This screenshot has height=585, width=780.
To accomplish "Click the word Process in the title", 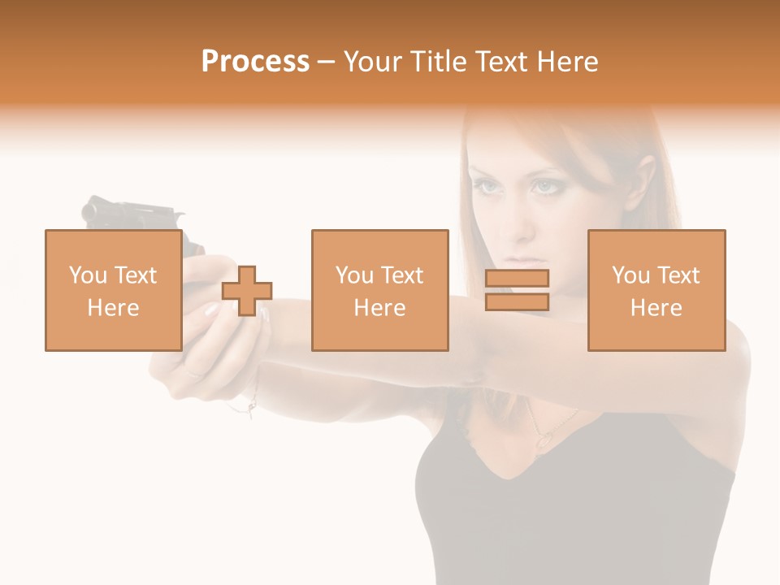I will tap(255, 62).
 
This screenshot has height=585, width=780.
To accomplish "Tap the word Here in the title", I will tap(566, 62).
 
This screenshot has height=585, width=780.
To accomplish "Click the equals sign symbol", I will tap(517, 290).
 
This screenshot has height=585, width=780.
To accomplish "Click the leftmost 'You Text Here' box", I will tap(113, 291).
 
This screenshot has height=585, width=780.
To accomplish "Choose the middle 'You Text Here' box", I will tap(379, 291).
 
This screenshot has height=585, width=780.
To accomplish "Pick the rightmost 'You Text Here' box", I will tap(656, 291).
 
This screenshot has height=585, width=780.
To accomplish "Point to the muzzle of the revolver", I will tap(89, 210).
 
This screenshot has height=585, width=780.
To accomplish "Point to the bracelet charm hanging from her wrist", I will tap(252, 410).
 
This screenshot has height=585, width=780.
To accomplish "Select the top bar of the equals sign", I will tap(517, 279).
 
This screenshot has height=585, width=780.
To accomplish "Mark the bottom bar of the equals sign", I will tap(517, 301).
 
